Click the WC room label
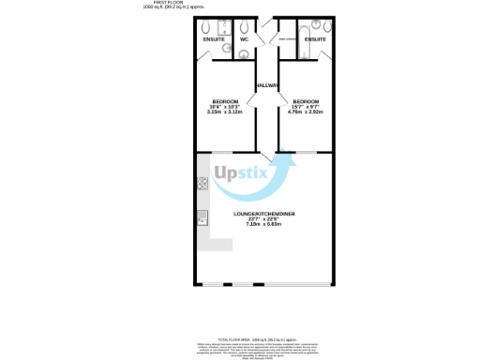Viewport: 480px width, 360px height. pyautogui.click(x=243, y=40)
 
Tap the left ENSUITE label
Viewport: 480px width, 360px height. pyautogui.click(x=214, y=40)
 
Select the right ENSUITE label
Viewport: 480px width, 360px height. pyautogui.click(x=315, y=40)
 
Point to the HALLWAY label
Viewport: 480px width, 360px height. pyautogui.click(x=266, y=85)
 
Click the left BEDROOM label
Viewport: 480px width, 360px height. pyautogui.click(x=225, y=101)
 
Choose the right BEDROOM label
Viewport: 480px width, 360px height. pyautogui.click(x=307, y=101)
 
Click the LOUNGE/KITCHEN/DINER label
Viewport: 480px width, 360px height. pyautogui.click(x=264, y=214)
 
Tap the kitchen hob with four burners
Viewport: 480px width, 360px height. pyautogui.click(x=202, y=184)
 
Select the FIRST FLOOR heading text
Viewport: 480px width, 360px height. pyautogui.click(x=166, y=3)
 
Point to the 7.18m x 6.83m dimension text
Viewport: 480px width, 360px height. pyautogui.click(x=264, y=225)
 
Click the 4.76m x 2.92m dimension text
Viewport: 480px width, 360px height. pyautogui.click(x=307, y=112)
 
